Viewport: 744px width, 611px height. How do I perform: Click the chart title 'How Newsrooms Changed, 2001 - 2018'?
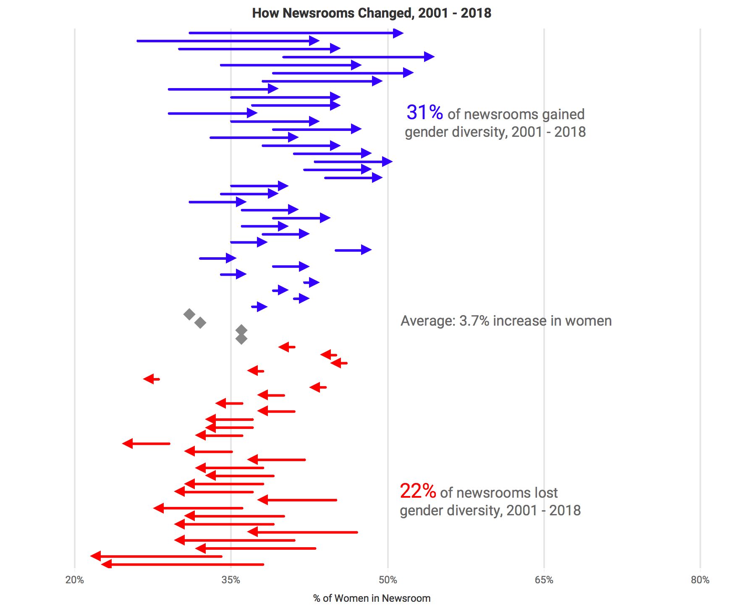coord(372,13)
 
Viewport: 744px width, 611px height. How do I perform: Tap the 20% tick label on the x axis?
coord(75,580)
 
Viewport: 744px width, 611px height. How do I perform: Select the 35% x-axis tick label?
coord(231,580)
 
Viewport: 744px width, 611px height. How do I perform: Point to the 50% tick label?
coord(388,580)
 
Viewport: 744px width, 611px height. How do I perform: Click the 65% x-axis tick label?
coord(544,580)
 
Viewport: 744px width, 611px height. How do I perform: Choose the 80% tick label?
coord(700,580)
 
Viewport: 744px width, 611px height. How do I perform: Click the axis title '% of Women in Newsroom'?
coord(372,598)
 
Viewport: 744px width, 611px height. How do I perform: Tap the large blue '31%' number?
coord(424,112)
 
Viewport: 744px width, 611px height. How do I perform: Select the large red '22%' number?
coord(418,491)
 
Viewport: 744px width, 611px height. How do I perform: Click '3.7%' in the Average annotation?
coord(474,321)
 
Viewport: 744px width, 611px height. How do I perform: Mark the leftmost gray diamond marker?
coord(189,314)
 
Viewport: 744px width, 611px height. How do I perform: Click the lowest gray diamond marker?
coord(241,339)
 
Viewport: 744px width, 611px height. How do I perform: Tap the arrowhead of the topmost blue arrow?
coord(398,33)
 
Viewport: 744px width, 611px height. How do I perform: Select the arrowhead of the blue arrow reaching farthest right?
coord(429,57)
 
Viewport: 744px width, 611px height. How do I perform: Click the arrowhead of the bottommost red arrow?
coord(107,564)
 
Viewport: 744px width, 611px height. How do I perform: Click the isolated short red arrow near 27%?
coord(151,379)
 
